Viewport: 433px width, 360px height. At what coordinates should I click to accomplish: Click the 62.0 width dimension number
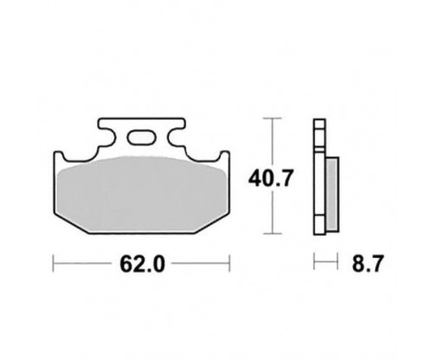click(142, 264)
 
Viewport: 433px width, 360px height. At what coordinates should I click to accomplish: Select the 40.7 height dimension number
click(271, 178)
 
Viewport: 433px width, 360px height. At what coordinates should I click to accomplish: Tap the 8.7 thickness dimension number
click(368, 263)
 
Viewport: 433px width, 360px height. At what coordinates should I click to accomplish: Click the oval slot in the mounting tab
click(141, 137)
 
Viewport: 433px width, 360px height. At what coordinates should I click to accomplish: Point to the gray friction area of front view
click(141, 194)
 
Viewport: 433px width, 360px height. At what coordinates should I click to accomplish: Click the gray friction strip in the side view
click(333, 194)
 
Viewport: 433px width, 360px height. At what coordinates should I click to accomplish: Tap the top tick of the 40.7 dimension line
click(272, 119)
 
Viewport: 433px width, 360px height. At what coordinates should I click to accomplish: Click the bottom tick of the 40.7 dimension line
click(272, 234)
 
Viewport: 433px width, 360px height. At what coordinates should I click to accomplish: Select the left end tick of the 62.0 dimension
click(54, 263)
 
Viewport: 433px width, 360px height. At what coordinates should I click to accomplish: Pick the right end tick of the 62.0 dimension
click(229, 263)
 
